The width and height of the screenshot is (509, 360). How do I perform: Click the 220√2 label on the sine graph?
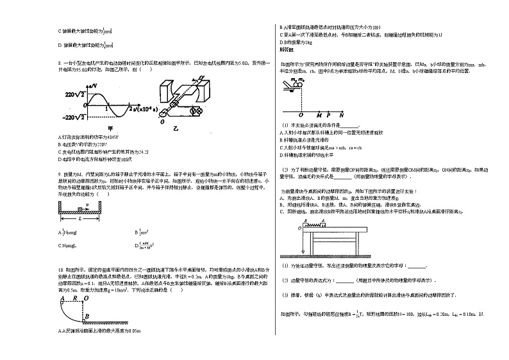(x=74, y=94)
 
